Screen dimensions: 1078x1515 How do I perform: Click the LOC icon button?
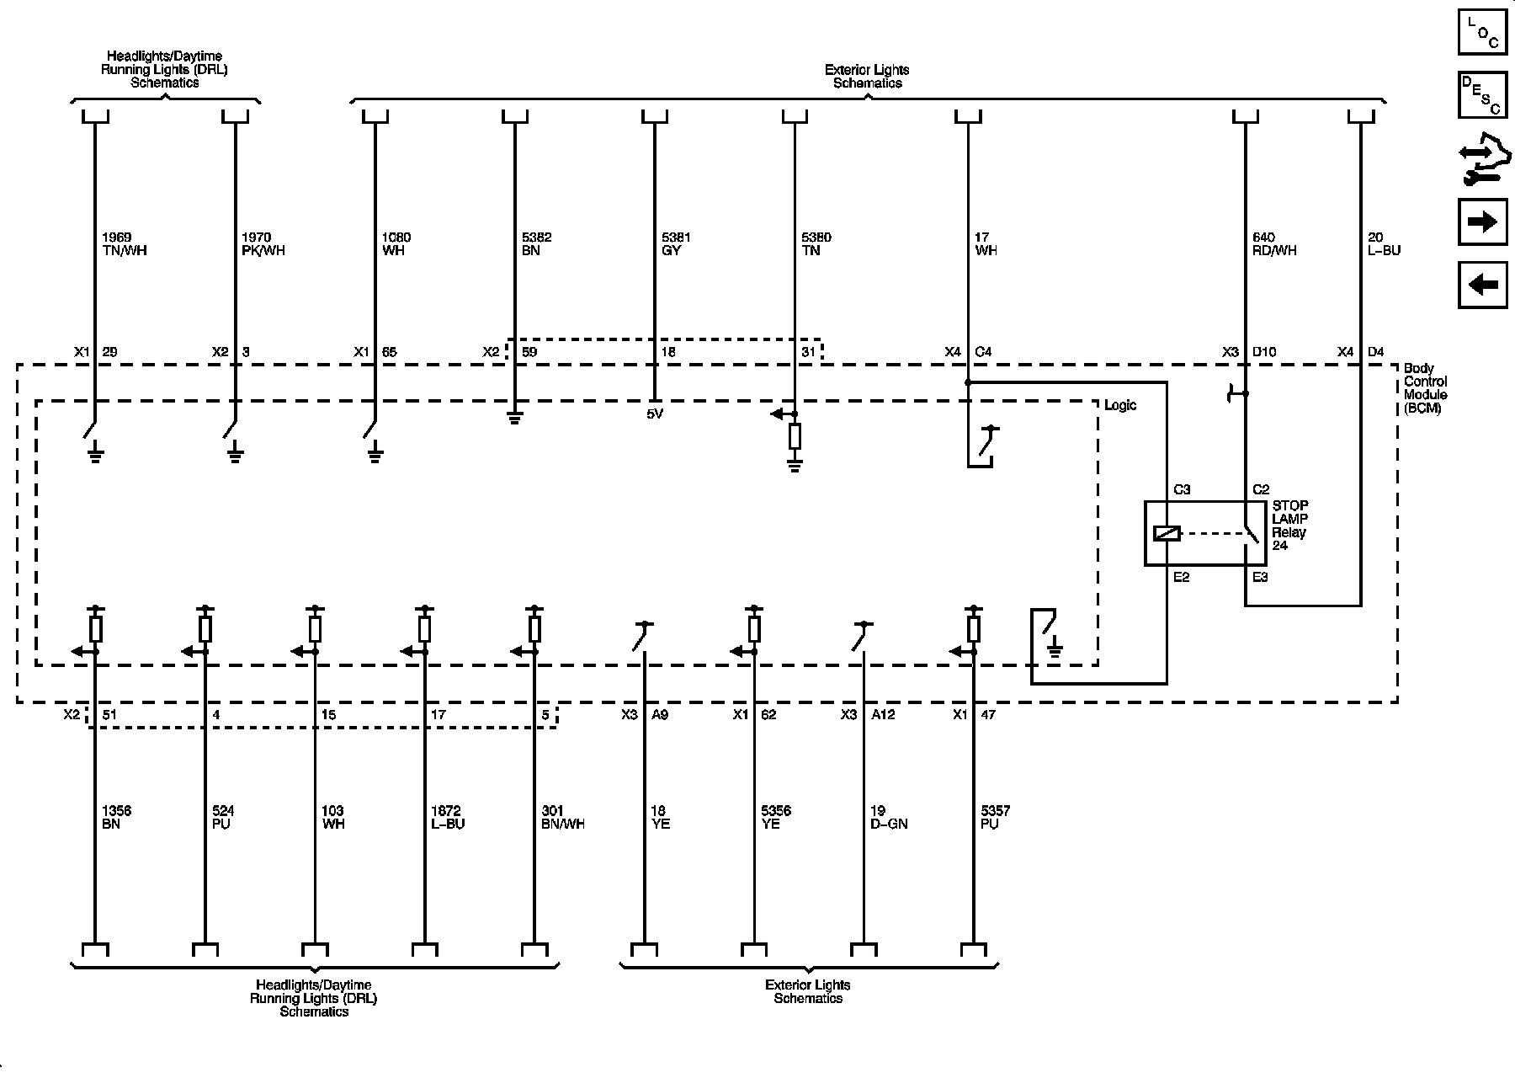click(1482, 33)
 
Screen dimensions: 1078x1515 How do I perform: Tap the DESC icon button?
click(1482, 94)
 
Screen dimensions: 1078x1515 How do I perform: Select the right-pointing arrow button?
click(1482, 221)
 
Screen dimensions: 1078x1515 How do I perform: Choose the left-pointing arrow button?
click(1482, 285)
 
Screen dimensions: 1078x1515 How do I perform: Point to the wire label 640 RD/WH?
click(1274, 244)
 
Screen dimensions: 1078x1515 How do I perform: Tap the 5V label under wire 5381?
click(655, 414)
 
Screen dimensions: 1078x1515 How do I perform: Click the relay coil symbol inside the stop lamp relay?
click(1167, 533)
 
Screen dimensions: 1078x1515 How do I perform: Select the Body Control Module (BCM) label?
click(1425, 388)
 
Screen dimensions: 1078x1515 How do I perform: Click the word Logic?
click(1119, 405)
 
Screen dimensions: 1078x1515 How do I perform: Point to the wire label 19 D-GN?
click(889, 817)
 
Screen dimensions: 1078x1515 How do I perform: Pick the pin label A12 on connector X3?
click(883, 714)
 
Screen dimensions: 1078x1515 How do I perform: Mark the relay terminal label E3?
click(1260, 577)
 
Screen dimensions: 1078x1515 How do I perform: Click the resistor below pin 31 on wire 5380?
click(794, 436)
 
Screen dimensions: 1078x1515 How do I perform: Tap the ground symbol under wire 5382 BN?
click(514, 416)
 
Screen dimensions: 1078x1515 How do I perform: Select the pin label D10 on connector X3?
click(1264, 352)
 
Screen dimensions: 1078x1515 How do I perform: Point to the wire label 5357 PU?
click(995, 817)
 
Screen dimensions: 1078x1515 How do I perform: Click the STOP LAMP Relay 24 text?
click(1289, 526)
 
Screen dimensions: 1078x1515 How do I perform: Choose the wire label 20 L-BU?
click(1384, 244)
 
